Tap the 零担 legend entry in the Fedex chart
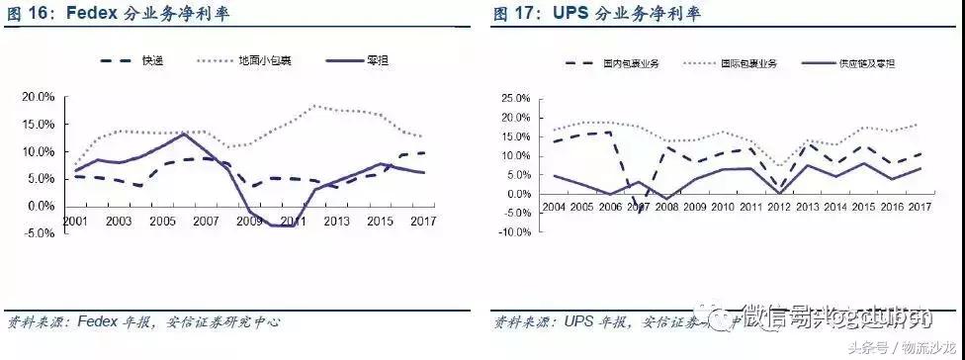point(375,61)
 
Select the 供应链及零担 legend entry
point(867,63)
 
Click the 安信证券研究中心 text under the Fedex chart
point(226,321)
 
